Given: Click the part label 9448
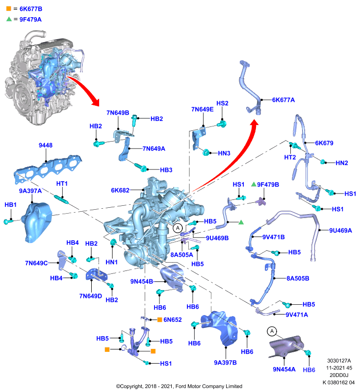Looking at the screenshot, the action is (x=46, y=145).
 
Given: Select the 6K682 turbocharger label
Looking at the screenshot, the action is (x=120, y=190).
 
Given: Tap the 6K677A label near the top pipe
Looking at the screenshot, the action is (x=283, y=100).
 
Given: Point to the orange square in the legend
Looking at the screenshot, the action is (x=9, y=8).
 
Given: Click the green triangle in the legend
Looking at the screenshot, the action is (x=9, y=19).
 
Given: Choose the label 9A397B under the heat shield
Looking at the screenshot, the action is (x=225, y=363).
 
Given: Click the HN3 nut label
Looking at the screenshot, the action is (x=224, y=153).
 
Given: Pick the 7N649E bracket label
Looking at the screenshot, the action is (x=203, y=109).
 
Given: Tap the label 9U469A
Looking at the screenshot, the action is (x=340, y=230).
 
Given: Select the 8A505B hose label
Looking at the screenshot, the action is (x=298, y=278).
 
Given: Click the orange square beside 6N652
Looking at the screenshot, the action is (x=159, y=319).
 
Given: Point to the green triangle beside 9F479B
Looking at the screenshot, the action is (x=254, y=184).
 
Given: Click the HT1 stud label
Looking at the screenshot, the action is (x=62, y=183).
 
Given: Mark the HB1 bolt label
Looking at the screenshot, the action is (x=10, y=205).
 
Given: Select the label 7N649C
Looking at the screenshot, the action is (x=36, y=263).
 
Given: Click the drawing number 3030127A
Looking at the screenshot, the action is (x=339, y=361).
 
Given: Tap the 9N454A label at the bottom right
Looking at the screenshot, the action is (x=284, y=369).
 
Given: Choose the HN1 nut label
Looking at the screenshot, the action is (x=111, y=262).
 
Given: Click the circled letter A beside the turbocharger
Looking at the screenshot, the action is (x=178, y=228).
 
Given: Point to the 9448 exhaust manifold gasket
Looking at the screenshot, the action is (x=48, y=168).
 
